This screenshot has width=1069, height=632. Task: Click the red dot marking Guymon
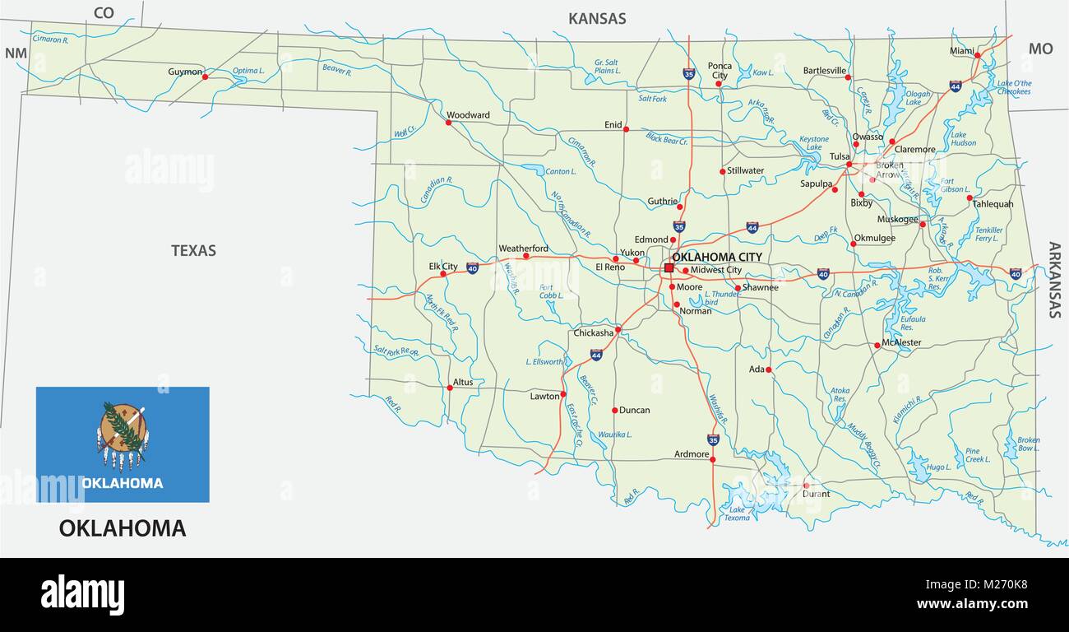pyautogui.click(x=205, y=77)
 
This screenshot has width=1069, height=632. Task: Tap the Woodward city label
pyautogui.click(x=468, y=115)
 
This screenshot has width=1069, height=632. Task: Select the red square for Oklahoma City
pyautogui.click(x=669, y=267)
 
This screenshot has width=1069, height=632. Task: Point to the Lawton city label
pyautogui.click(x=544, y=396)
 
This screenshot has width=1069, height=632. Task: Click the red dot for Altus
pyautogui.click(x=449, y=388)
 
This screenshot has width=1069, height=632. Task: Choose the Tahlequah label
pyautogui.click(x=993, y=204)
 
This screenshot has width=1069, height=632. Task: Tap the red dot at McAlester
pyautogui.click(x=877, y=346)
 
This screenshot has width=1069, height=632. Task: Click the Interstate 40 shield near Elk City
pyautogui.click(x=472, y=267)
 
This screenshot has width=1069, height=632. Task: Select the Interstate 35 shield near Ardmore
pyautogui.click(x=713, y=440)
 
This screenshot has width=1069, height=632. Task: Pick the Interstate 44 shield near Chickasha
pyautogui.click(x=595, y=355)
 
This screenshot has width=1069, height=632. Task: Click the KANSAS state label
pyautogui.click(x=597, y=18)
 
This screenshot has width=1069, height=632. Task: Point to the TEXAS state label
pyautogui.click(x=193, y=250)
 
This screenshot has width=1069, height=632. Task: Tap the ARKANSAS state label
pyautogui.click(x=1054, y=280)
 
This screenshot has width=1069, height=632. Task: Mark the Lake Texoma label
pyautogui.click(x=736, y=513)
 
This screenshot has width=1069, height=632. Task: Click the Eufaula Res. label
pyautogui.click(x=912, y=322)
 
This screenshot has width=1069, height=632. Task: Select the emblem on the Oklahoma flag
pyautogui.click(x=123, y=430)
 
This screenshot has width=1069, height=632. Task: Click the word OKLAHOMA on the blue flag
pyautogui.click(x=122, y=483)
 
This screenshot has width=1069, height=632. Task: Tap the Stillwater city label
pyautogui.click(x=746, y=170)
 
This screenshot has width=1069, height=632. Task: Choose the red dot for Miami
pyautogui.click(x=977, y=55)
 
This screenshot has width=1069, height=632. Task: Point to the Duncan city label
pyautogui.click(x=634, y=410)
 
